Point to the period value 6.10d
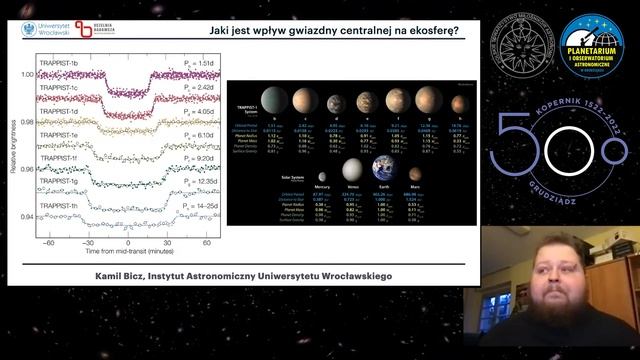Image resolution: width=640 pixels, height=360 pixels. pos(199,135)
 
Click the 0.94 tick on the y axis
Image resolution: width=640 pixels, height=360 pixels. pos(26,216)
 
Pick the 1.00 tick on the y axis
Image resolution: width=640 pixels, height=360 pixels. pos(26,74)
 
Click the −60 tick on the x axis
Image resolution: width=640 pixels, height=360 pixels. pos(45,243)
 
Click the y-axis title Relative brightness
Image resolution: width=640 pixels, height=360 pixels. pos(12,145)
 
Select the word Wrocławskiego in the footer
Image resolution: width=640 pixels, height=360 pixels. pos(344,275)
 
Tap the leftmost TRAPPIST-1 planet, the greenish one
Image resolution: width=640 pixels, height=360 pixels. pos(272,100)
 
